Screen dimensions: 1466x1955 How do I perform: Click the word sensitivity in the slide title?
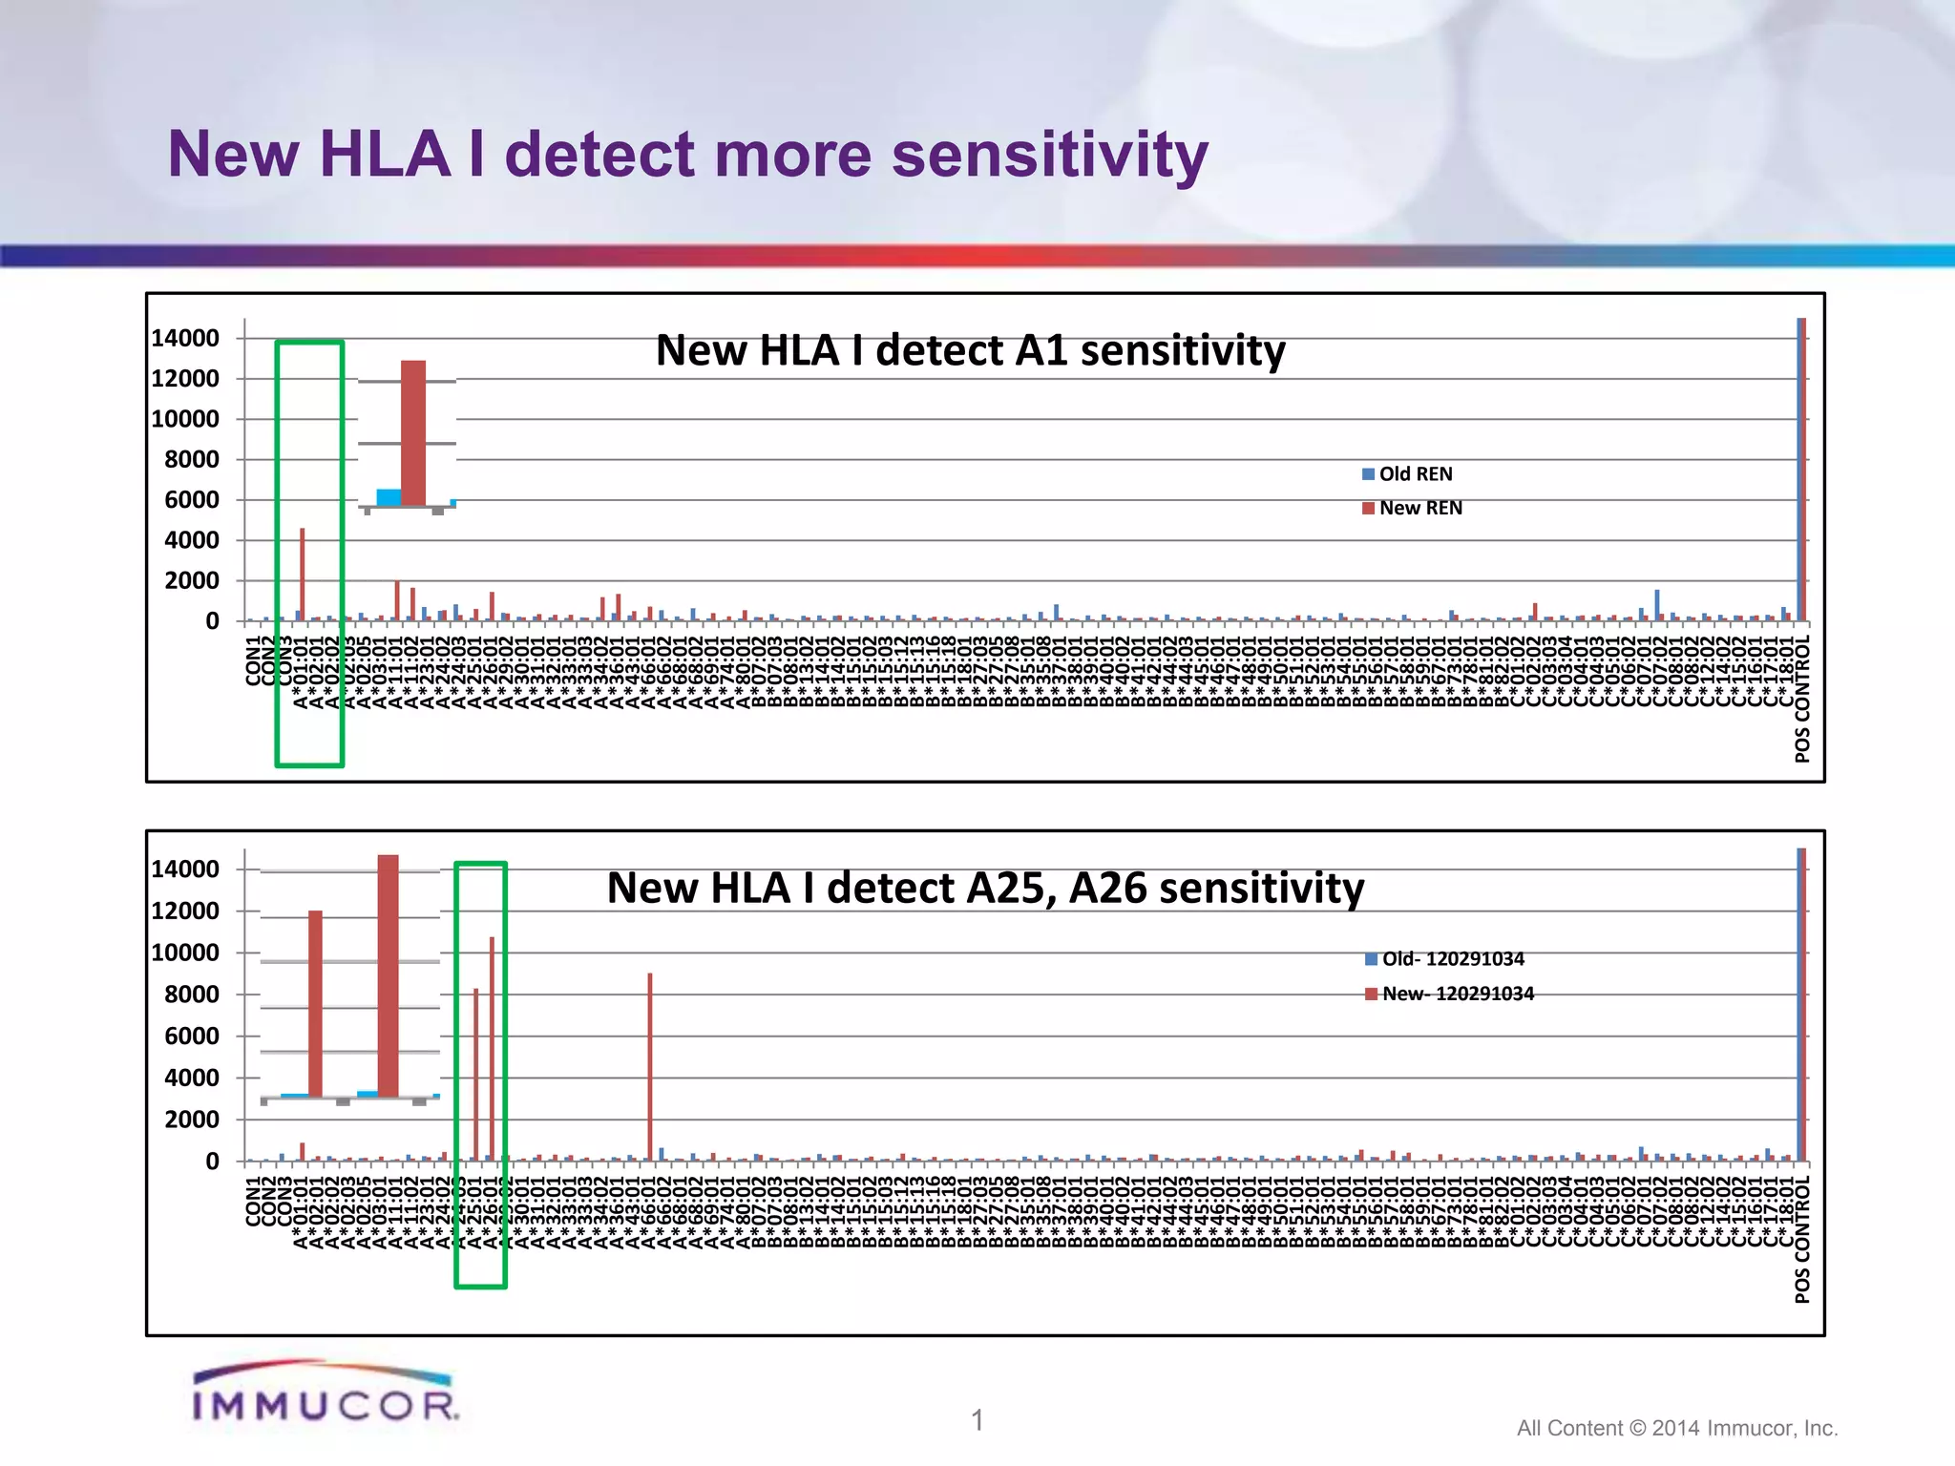1050,155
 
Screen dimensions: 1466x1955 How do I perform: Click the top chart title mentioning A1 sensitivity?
970,350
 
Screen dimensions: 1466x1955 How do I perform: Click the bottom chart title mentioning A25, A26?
985,888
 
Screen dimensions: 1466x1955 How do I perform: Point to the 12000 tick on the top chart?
185,379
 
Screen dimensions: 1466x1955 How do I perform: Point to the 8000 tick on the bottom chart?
191,995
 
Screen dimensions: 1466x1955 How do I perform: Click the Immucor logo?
325,1393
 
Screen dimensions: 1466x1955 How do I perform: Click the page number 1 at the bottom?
977,1420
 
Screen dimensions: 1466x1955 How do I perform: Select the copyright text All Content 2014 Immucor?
1676,1428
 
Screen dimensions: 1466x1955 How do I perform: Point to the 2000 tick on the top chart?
191,580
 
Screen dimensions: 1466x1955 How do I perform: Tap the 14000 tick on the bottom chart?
185,869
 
